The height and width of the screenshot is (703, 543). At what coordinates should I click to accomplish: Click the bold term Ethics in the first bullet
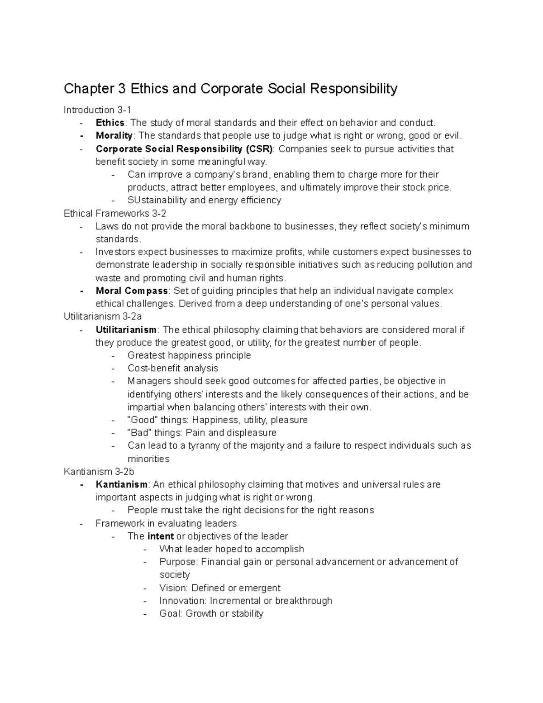tap(110, 123)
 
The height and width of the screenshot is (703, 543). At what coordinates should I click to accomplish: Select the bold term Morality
tap(114, 135)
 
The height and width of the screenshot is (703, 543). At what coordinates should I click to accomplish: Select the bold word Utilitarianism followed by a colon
tap(126, 330)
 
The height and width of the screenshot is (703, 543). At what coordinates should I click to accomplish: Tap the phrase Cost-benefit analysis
tap(173, 368)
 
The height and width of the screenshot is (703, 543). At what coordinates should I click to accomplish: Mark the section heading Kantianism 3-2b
tap(99, 471)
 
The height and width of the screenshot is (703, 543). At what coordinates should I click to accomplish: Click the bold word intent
tap(161, 536)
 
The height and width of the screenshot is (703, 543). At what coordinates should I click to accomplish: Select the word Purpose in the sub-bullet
tap(178, 562)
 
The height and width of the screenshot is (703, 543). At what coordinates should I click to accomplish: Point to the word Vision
tap(173, 588)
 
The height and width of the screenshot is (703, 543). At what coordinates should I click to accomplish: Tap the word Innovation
tap(183, 601)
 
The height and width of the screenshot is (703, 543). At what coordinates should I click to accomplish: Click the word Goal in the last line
tap(171, 613)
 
